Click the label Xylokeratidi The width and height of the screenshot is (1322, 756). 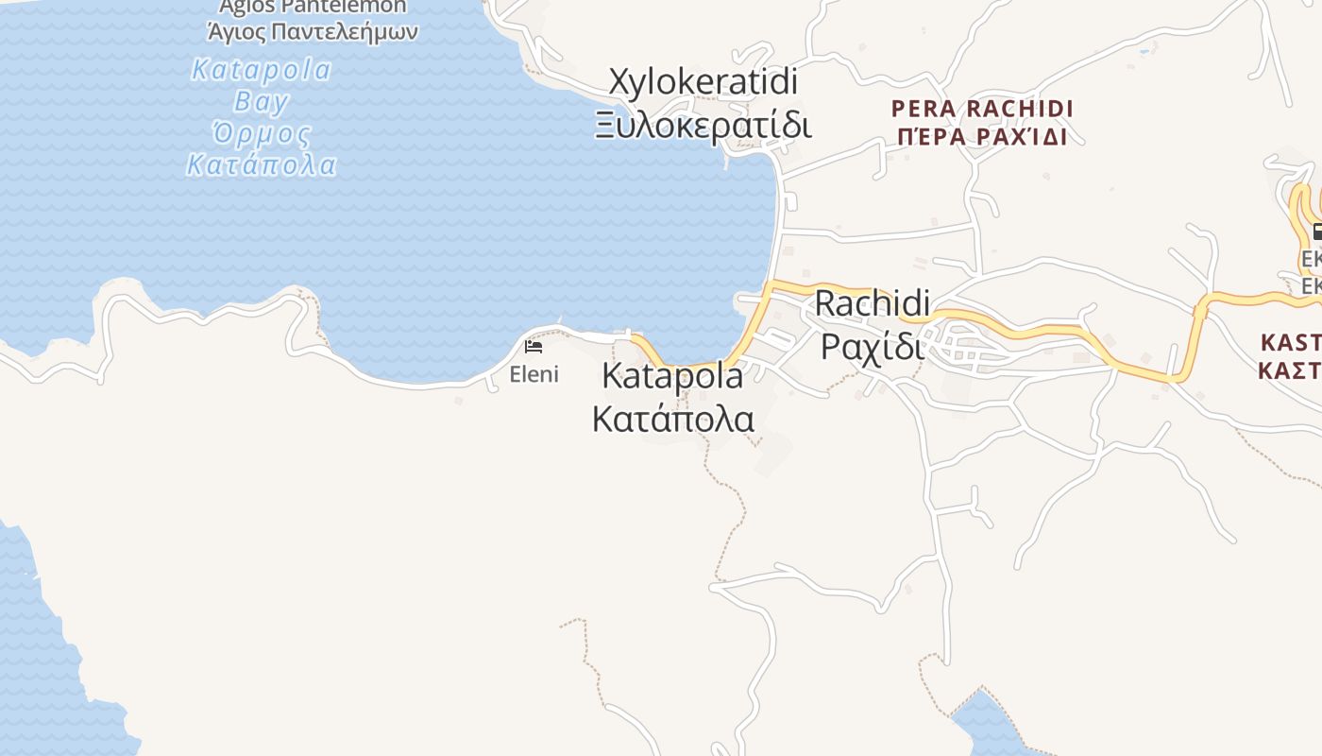point(703,82)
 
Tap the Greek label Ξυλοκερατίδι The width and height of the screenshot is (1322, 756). point(703,125)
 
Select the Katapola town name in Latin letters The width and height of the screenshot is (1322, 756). point(672,376)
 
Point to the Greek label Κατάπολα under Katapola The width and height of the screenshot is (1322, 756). point(672,418)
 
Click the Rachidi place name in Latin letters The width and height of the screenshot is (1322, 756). point(872,303)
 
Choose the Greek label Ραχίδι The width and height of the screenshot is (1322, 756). point(872,345)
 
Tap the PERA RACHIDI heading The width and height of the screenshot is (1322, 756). point(982,109)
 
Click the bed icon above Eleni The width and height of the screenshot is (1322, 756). point(534,347)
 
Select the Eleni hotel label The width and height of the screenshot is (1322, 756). point(534,374)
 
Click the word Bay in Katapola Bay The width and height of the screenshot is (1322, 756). point(262,101)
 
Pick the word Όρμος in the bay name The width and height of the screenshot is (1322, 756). point(262,133)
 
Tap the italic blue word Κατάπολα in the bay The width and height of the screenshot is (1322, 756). point(262,165)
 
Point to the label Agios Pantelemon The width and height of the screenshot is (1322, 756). point(313,8)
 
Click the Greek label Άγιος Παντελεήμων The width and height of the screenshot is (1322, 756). point(313,32)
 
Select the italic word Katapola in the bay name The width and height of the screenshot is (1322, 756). point(262,70)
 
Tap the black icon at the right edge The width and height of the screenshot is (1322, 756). point(1316,232)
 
